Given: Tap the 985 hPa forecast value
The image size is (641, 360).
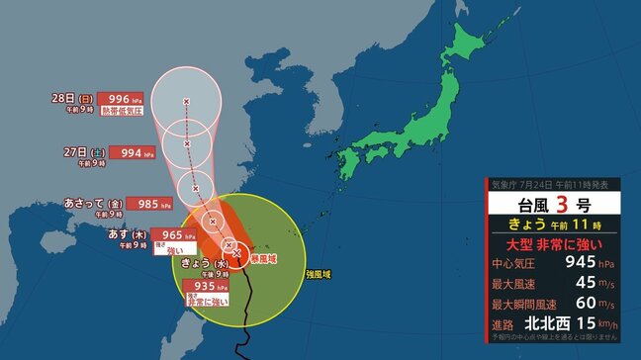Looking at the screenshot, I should pos(145,205).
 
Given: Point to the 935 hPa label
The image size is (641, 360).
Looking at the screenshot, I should pos(204,285).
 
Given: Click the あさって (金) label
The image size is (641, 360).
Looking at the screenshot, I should pos(92,204).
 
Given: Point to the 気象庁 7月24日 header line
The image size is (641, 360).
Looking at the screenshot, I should pos(555,184).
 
